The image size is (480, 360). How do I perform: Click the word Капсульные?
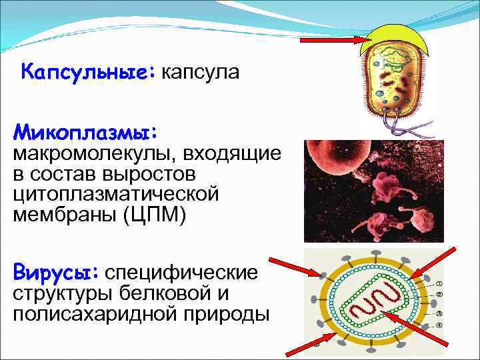click(x=87, y=71)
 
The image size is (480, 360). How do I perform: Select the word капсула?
click(x=198, y=71)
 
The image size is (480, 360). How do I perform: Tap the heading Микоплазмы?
click(x=85, y=128)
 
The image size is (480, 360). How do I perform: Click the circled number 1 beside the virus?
click(x=439, y=283)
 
